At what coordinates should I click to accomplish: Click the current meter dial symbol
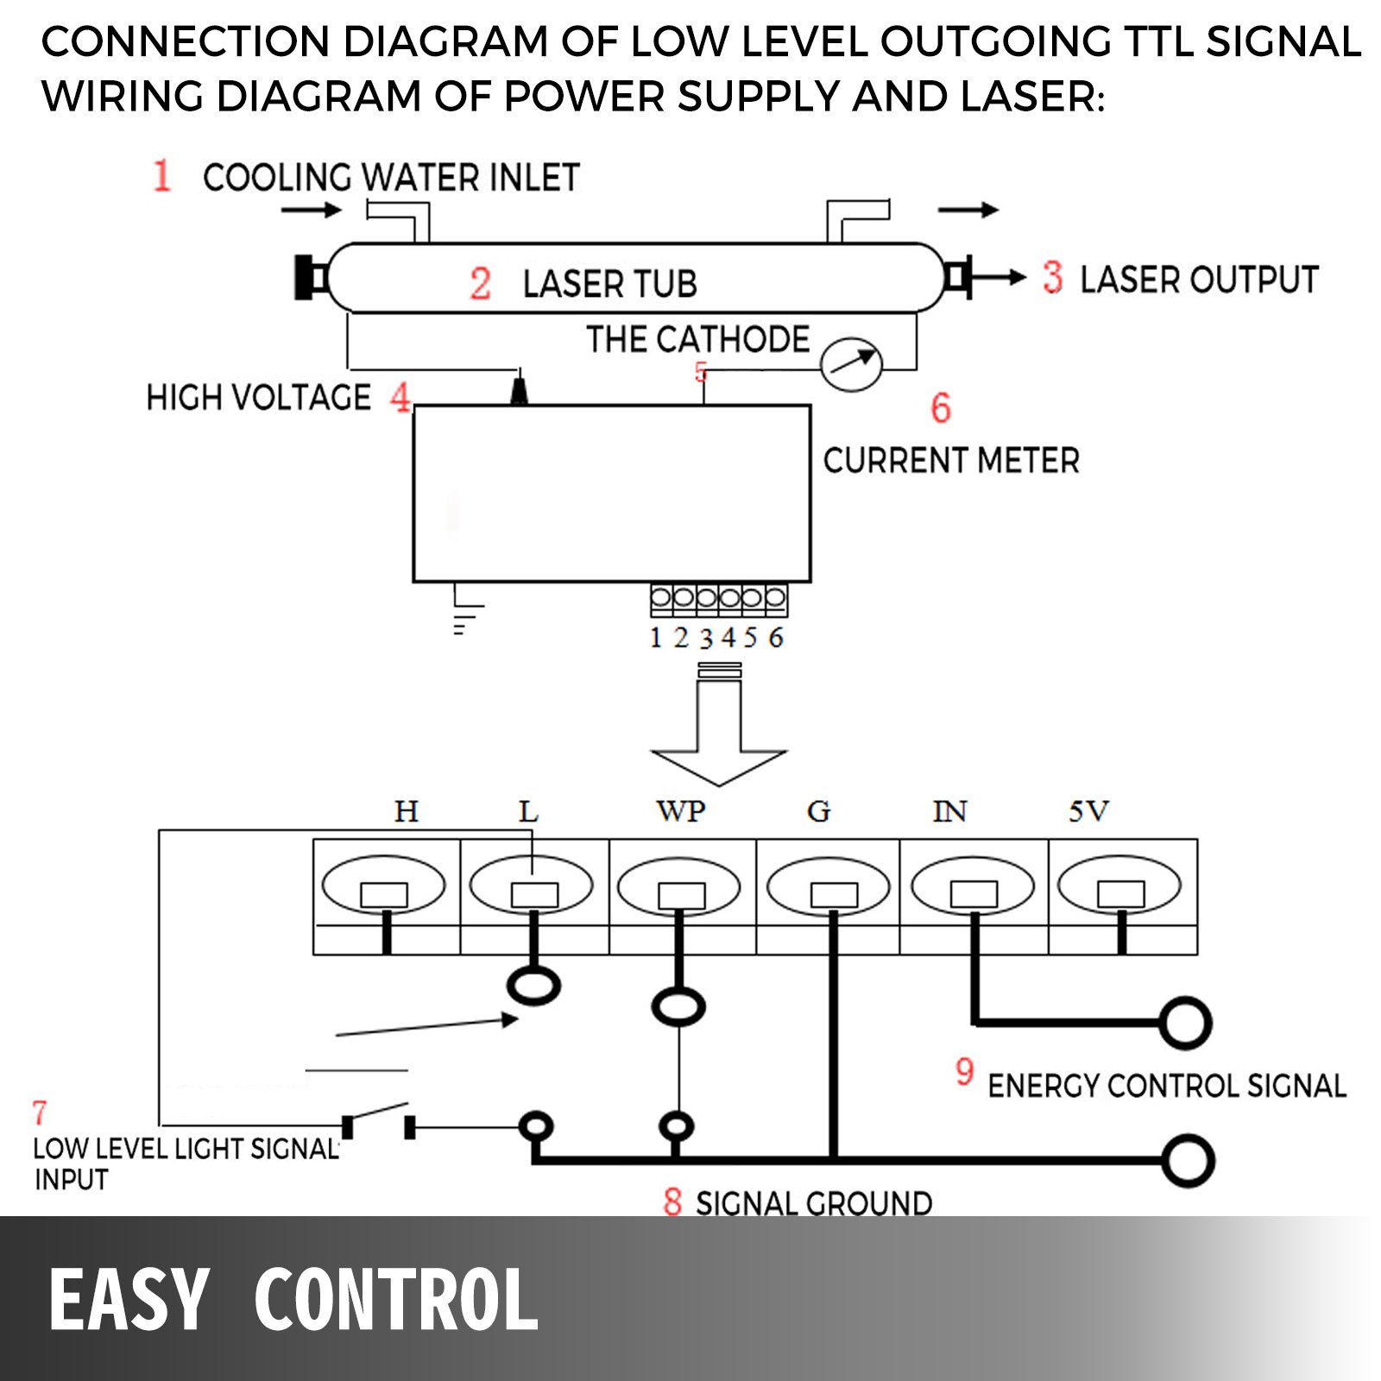[851, 364]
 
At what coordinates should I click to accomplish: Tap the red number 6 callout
[941, 408]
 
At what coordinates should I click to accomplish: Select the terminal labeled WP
[679, 886]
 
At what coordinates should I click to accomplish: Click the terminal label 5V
[1088, 811]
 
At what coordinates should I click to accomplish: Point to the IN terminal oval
[973, 886]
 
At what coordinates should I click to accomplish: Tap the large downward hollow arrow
[718, 734]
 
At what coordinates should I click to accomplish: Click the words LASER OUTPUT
[1199, 280]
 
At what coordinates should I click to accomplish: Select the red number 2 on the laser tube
[480, 284]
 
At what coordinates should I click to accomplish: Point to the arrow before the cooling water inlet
[312, 210]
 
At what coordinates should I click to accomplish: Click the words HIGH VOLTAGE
[258, 398]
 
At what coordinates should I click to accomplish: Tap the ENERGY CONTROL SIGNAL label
[1166, 1086]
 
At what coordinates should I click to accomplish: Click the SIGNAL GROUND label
[813, 1202]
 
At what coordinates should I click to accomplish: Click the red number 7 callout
[40, 1113]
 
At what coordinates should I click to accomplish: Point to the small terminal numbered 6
[775, 597]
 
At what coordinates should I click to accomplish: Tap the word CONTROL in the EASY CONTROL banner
[396, 1301]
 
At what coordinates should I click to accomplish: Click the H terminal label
[406, 811]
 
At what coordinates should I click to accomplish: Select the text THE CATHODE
[697, 339]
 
